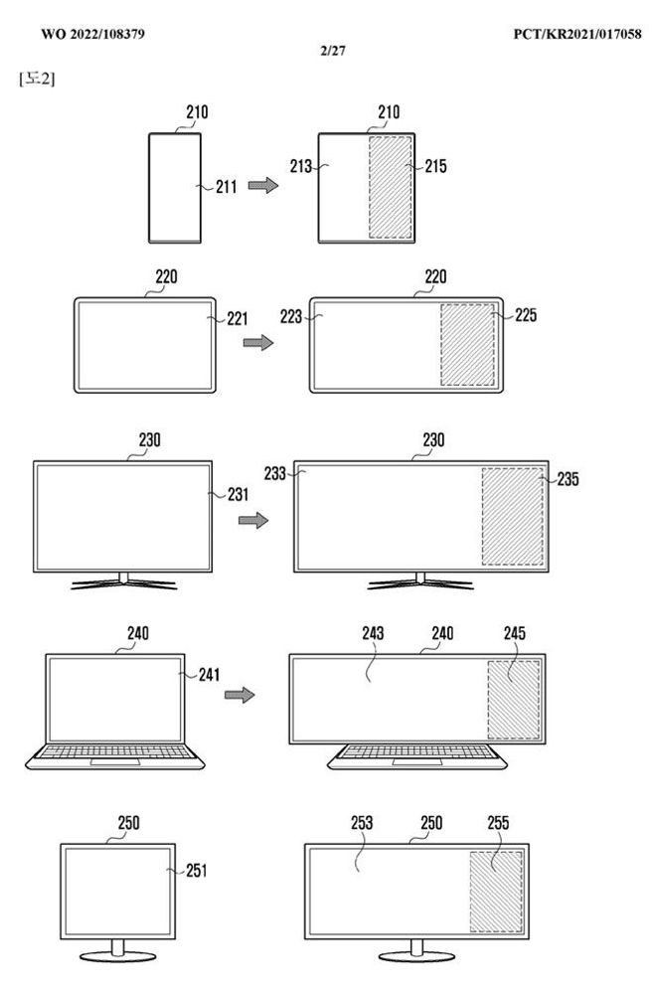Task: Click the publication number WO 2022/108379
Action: tap(92, 34)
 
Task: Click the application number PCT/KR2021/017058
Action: tap(577, 34)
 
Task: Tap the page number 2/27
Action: tap(333, 50)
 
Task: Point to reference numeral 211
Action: tap(227, 187)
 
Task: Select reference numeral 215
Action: tap(436, 167)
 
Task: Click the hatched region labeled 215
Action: tap(391, 188)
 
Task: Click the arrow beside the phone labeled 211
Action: tap(263, 185)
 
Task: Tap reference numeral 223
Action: tap(291, 316)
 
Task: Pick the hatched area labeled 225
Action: tap(467, 345)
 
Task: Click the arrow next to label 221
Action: tap(258, 343)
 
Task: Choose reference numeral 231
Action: tap(239, 494)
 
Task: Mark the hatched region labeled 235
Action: tap(513, 516)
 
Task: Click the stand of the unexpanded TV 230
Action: tap(123, 581)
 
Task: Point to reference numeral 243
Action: tap(373, 633)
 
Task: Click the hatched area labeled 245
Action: tap(514, 699)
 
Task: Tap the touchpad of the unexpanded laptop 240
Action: tap(115, 761)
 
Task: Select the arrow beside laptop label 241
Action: tap(240, 695)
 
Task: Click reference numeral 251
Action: tap(197, 871)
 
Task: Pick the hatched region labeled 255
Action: tap(496, 892)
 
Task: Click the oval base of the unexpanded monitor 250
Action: tap(118, 956)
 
